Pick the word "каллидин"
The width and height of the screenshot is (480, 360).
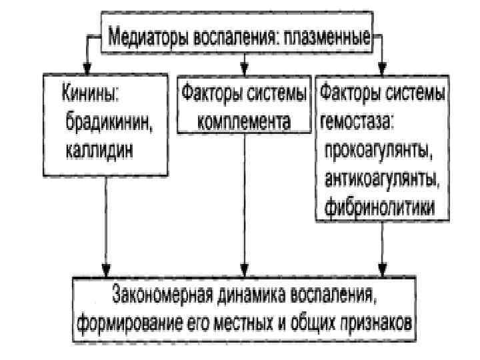pos(99,148)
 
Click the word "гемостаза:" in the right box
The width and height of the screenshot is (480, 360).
pos(357,121)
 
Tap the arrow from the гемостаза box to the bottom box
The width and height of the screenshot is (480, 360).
pos(382,247)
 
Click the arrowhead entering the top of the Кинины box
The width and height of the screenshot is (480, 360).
pos(87,67)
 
